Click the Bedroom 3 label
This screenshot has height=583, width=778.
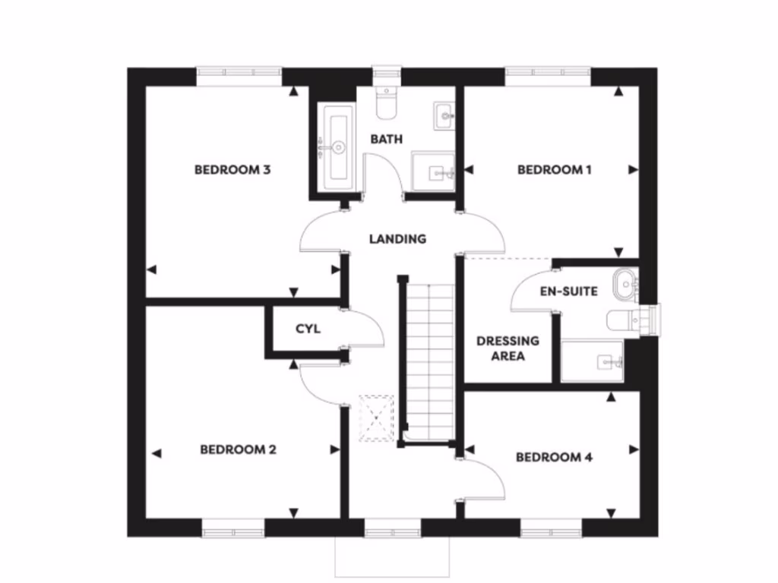tap(232, 170)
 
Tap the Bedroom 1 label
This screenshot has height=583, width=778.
tap(554, 170)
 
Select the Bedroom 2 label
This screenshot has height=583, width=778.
tap(238, 450)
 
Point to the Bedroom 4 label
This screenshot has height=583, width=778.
tap(554, 457)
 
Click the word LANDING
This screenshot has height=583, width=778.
tap(397, 239)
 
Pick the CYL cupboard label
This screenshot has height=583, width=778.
tap(308, 329)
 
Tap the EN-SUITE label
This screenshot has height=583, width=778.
tap(568, 291)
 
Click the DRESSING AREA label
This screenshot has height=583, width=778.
tap(508, 348)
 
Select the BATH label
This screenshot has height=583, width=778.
tap(386, 140)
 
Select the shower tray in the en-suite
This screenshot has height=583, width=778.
tap(593, 361)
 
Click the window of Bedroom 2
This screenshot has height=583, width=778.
tap(232, 528)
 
